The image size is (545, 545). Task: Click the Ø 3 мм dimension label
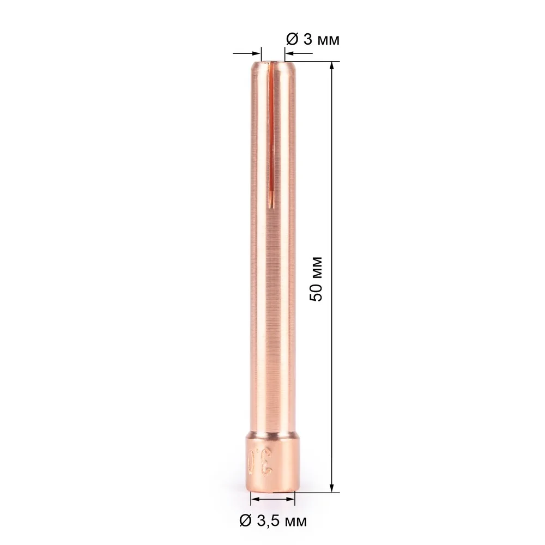[x=312, y=40]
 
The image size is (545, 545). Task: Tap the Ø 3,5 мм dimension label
[x=273, y=520]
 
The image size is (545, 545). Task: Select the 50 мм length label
[x=317, y=278]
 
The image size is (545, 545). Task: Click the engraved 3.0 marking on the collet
[x=261, y=461]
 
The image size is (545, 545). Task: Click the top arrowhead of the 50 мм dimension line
[x=332, y=66]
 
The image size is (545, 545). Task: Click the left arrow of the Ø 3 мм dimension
[x=247, y=53]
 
